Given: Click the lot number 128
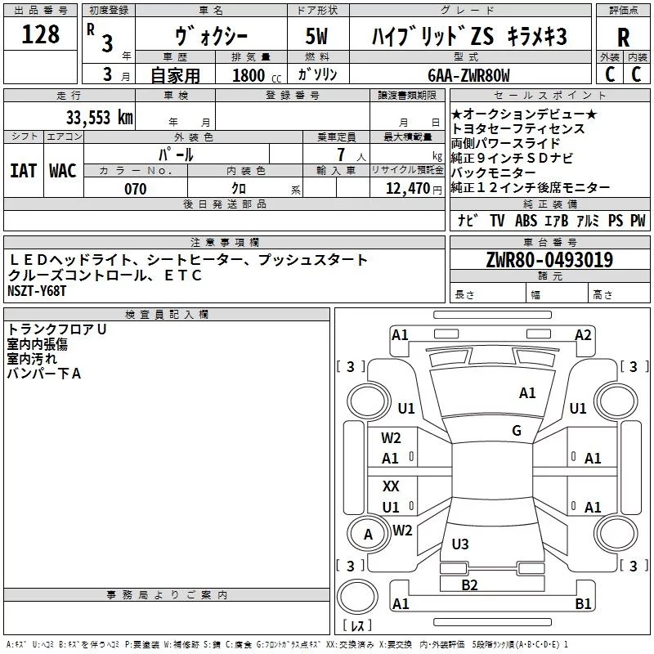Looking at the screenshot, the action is coord(41,34).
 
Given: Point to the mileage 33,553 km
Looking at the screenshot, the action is coord(99,118).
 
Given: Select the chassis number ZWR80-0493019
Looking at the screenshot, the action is coord(549,261).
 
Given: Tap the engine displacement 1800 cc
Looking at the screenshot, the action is coord(253,75).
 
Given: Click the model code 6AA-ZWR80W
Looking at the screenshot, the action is coord(469,75).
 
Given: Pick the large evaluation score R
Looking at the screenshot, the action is coord(623,37).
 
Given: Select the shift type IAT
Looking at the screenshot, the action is coord(23,171).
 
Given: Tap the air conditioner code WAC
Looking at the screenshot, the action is coord(62,171).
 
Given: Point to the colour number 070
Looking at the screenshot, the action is coord(135,189).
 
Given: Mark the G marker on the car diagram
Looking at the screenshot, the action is coord(517,431).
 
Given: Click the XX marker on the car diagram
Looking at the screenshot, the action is coord(392,486).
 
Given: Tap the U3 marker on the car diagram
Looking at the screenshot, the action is coord(460,544).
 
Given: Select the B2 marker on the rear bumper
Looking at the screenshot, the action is coord(469,585).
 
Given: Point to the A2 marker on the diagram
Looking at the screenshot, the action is coord(583,334).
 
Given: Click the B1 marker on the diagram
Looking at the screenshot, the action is coord(583,604).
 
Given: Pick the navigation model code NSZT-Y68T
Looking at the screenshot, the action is coord(37,291).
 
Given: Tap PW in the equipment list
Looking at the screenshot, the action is coord(638,220).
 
